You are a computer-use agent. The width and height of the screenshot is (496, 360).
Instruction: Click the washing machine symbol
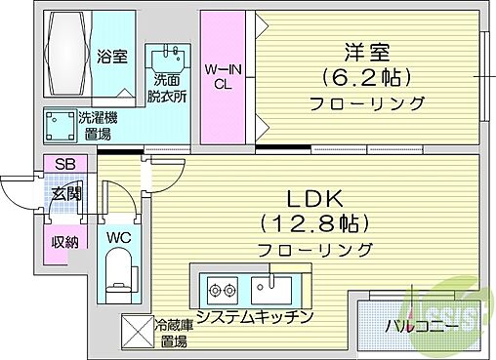click(x=57, y=125)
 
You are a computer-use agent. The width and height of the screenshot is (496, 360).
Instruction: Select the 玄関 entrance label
click(x=67, y=195)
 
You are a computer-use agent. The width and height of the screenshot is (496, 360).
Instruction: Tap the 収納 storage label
click(x=65, y=242)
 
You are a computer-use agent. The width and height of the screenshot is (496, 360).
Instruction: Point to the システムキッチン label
click(x=253, y=317)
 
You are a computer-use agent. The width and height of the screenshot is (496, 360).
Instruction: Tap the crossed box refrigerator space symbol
click(x=134, y=332)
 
